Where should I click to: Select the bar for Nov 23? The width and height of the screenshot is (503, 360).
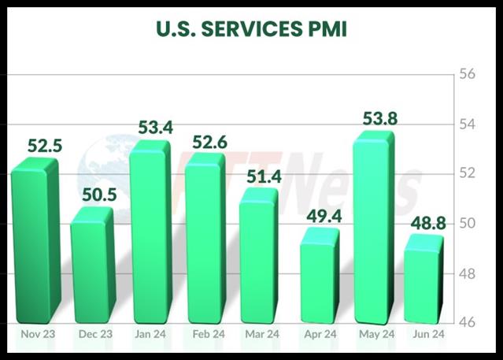click(x=33, y=240)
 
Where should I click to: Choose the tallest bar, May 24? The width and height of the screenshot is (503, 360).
click(x=373, y=228)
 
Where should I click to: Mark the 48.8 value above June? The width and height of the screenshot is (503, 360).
click(x=427, y=222)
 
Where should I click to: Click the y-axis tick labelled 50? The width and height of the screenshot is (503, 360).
click(x=468, y=224)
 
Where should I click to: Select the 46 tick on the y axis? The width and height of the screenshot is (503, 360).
click(x=468, y=322)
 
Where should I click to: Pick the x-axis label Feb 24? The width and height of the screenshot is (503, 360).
click(x=209, y=334)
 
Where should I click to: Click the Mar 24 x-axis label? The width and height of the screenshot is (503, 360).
click(x=263, y=334)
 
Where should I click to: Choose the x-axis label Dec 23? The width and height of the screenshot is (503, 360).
click(x=96, y=334)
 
